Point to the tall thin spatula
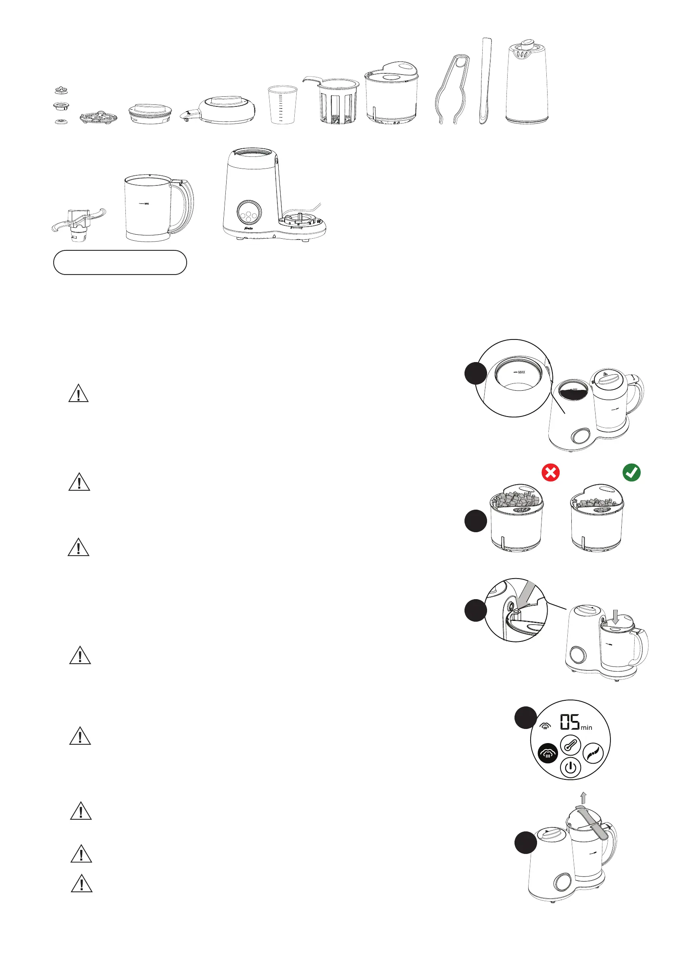pos(485,81)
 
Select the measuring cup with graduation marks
pos(282,104)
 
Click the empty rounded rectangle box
pos(120,262)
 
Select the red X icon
pos(550,473)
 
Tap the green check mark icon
pos(631,473)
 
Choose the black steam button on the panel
pos(548,754)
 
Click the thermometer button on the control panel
pos(571,745)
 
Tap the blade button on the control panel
pos(593,754)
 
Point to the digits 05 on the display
pos(569,722)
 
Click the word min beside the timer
pos(586,728)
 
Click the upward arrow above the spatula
pos(584,797)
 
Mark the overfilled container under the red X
pos(517,519)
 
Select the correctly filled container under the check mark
pos(597,519)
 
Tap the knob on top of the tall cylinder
pos(528,43)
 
